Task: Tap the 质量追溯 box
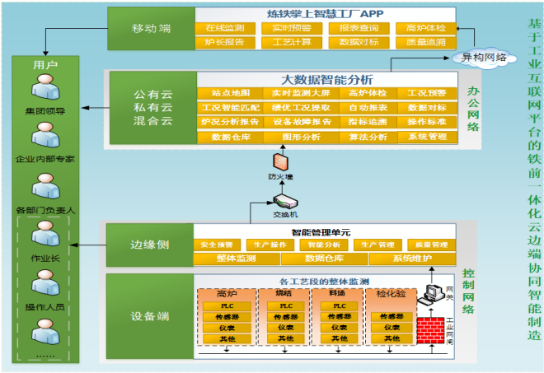pos(426,43)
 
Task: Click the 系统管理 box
pos(427,137)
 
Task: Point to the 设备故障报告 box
pos(291,122)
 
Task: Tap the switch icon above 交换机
pos(284,201)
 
